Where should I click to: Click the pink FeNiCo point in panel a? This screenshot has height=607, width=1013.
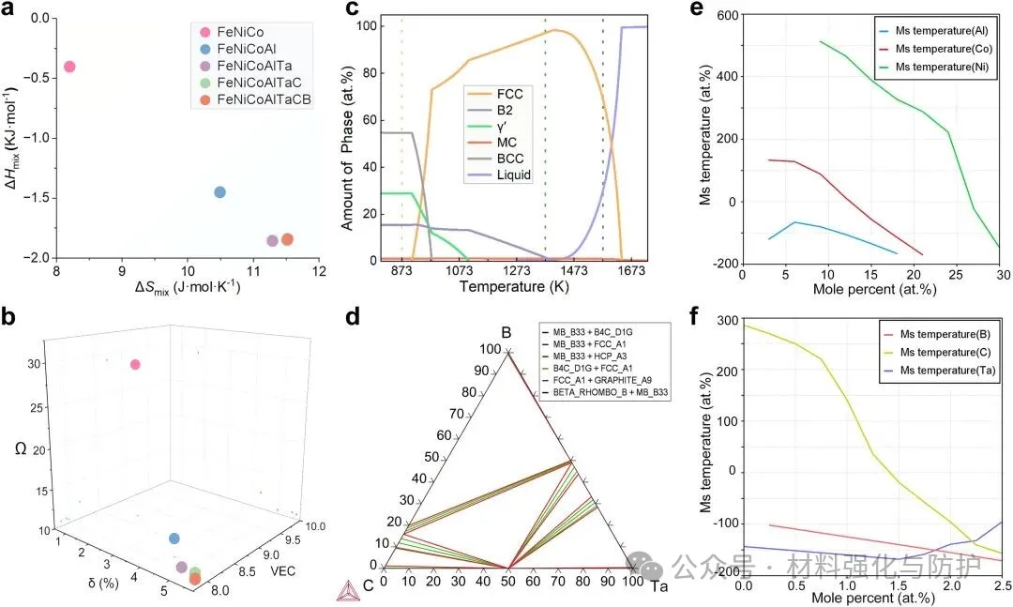(x=68, y=67)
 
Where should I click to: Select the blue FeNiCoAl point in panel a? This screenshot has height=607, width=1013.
(x=219, y=192)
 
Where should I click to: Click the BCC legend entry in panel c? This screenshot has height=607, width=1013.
(x=506, y=157)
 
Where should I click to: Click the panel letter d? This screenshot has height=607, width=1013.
(x=352, y=316)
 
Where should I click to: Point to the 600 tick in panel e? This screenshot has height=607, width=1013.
(x=725, y=15)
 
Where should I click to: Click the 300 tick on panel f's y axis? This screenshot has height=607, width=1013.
(x=725, y=320)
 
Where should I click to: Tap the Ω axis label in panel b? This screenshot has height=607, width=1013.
(x=21, y=449)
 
